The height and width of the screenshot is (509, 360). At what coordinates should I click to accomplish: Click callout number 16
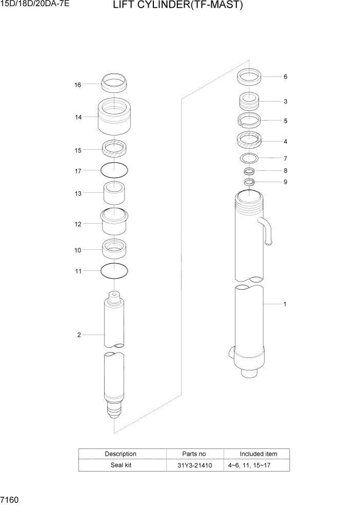click(x=78, y=85)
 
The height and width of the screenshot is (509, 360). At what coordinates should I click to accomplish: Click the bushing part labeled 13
click(x=115, y=193)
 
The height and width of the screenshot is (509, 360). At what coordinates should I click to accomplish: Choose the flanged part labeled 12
click(x=115, y=222)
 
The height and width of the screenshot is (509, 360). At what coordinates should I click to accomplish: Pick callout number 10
click(x=78, y=250)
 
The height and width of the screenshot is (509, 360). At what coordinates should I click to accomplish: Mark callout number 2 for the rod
click(x=79, y=335)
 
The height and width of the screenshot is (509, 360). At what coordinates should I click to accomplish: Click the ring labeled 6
click(x=250, y=77)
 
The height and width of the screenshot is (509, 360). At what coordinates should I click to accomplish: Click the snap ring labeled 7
click(x=250, y=158)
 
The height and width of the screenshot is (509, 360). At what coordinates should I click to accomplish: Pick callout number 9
click(x=286, y=182)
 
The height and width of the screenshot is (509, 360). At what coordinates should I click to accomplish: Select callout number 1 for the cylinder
click(x=285, y=304)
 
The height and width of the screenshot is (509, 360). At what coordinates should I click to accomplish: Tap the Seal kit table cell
click(x=121, y=465)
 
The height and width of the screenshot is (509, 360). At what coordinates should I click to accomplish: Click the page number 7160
click(x=11, y=499)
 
